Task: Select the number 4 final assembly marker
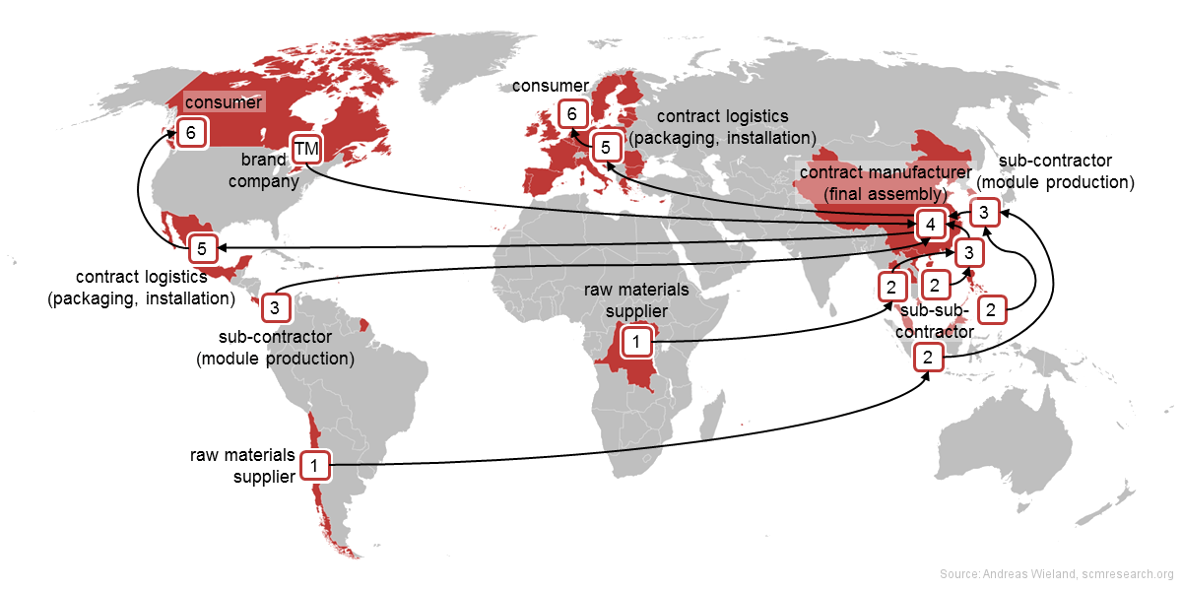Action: pos(929,225)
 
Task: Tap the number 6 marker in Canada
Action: pos(192,131)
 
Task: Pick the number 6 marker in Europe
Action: pos(571,114)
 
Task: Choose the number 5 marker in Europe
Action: pos(607,147)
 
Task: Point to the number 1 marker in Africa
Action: pos(636,342)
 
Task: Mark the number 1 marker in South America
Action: pos(314,464)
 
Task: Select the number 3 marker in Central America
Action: pos(275,307)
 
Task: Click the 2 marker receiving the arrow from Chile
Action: pos(927,357)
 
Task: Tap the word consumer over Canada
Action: pos(224,102)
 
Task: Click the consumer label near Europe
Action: pos(550,87)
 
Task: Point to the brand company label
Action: pos(270,168)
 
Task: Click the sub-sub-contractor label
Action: pos(935,321)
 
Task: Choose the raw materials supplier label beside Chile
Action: pos(243,465)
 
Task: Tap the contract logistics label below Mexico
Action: pos(141,287)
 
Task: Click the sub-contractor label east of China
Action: pos(1066,170)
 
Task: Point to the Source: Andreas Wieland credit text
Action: pos(1056,574)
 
